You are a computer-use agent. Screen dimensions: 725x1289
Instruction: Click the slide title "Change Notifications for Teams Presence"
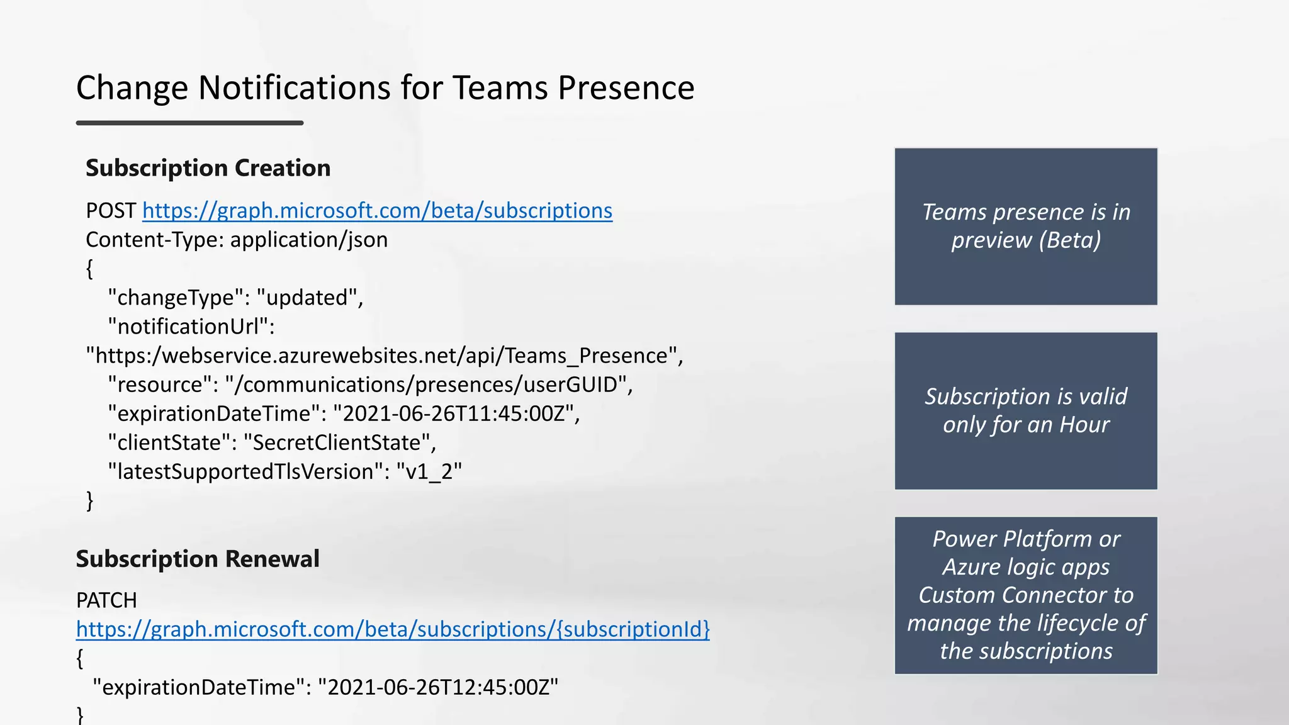coord(385,87)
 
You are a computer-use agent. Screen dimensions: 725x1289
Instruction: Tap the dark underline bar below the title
coord(189,123)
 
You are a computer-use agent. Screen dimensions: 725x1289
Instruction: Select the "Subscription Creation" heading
coord(208,168)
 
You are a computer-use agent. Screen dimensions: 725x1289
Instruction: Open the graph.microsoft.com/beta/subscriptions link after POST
coord(377,211)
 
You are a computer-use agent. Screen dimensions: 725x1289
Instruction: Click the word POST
coord(111,211)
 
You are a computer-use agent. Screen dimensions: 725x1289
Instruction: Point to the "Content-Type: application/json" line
coord(237,240)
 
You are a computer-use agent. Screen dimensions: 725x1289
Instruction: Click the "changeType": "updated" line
coord(235,298)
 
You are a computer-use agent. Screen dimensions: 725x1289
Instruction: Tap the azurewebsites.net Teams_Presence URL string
coord(384,356)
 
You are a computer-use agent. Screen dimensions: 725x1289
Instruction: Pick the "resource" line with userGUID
coord(370,385)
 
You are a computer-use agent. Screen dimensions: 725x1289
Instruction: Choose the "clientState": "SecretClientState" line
coord(272,442)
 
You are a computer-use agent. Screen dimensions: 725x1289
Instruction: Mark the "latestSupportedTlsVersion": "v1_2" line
coord(284,471)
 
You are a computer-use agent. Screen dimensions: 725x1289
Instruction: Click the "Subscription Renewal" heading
coord(198,559)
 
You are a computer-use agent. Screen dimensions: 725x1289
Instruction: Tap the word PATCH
coord(106,600)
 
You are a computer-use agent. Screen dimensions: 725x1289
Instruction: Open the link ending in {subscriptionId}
coord(393,629)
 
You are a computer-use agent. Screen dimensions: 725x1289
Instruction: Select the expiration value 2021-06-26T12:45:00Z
coord(438,687)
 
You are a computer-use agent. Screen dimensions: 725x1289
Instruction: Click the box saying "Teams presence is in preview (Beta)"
coord(1026,227)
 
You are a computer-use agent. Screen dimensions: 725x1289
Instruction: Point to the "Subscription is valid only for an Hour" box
coord(1026,411)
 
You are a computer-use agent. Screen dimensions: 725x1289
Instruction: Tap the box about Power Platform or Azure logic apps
coord(1026,595)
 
